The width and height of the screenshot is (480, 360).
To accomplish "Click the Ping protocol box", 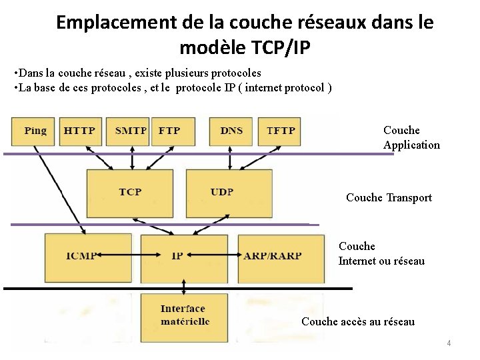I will (x=35, y=131).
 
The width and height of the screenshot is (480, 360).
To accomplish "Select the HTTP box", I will (x=79, y=131).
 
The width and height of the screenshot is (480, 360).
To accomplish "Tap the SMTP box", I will (x=131, y=131).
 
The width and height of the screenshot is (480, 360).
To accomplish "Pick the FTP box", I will (x=169, y=131).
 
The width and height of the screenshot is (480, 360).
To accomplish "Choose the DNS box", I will (x=231, y=131).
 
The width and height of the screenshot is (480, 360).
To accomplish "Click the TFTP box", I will (x=280, y=131).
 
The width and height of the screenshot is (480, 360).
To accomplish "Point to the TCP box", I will (x=130, y=192).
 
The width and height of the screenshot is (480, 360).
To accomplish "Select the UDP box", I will (x=222, y=192).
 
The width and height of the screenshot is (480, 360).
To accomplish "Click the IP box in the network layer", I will (x=177, y=256).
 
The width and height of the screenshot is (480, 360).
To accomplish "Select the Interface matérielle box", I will (x=184, y=315).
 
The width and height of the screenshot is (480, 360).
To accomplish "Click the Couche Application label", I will (x=411, y=137).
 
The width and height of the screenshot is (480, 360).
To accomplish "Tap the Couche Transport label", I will (x=389, y=197).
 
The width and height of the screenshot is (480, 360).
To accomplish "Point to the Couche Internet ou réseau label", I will (x=381, y=254).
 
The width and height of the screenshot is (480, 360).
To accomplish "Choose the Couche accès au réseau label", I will (x=358, y=322).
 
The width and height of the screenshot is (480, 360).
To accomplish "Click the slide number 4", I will (x=449, y=343).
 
